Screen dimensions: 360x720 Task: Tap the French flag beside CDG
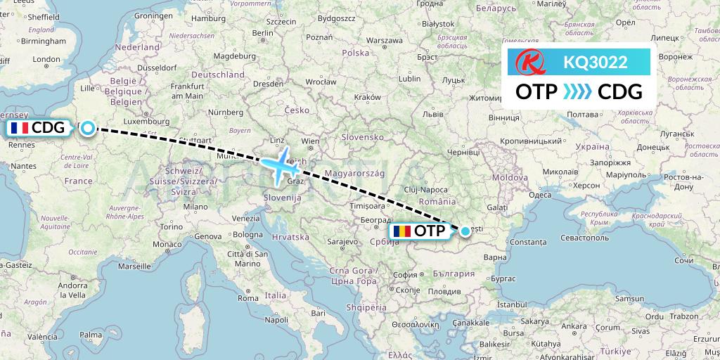coord(20,128)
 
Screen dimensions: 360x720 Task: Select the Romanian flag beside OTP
coord(401,231)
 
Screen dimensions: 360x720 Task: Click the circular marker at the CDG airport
coord(87,127)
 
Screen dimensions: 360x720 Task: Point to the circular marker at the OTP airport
coord(465,231)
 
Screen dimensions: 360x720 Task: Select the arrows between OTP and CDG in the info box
coord(578,91)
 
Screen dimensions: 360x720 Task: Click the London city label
coord(46,59)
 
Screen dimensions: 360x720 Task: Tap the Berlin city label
coord(262,32)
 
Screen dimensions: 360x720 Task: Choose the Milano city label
coord(195,207)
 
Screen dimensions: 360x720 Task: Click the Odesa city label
coord(540,195)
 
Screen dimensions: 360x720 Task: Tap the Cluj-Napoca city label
coord(425,190)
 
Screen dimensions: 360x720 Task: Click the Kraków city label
coord(367,97)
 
